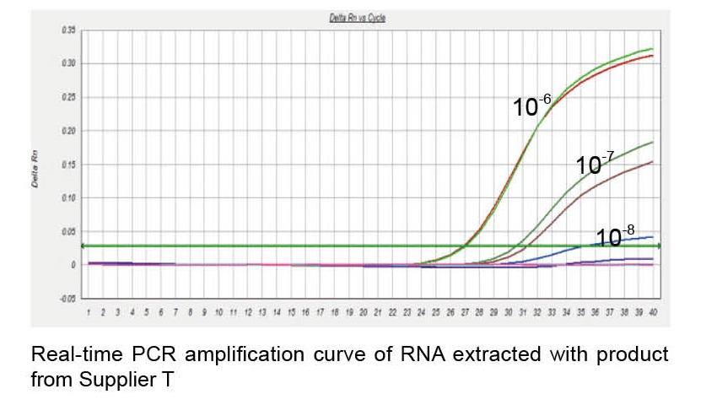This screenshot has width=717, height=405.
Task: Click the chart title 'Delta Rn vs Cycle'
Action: [x=368, y=18]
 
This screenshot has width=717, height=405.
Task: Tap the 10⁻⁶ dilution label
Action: [x=532, y=106]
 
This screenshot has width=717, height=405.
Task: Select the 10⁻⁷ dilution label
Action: [x=594, y=164]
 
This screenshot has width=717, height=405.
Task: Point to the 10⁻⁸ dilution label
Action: [x=615, y=236]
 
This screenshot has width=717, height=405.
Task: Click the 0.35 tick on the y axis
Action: [x=69, y=30]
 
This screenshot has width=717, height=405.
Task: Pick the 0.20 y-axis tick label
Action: [x=69, y=131]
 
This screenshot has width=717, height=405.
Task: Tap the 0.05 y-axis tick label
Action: [x=69, y=231]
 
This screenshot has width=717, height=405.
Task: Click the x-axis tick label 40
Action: [x=652, y=312]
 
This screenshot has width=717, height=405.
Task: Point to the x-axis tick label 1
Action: [x=89, y=312]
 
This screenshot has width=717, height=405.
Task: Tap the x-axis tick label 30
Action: [x=508, y=312]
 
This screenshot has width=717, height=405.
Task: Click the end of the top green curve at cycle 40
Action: [x=652, y=49]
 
